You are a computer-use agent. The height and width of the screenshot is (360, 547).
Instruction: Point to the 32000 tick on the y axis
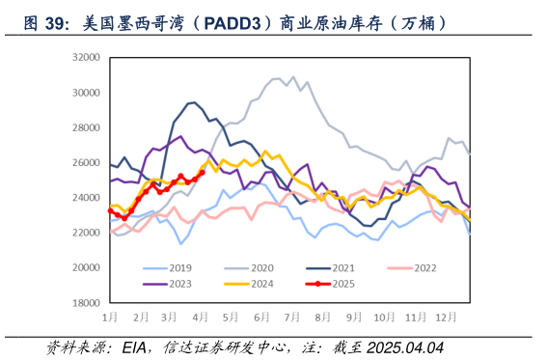pos(86,58)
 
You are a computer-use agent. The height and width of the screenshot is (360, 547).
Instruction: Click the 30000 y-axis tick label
pos(86,93)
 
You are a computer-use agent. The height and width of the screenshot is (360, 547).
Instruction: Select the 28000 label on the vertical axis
pos(86,127)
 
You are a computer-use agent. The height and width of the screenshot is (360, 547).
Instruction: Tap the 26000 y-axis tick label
pos(86,163)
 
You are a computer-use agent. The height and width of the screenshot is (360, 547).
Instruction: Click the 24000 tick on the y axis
pos(86,198)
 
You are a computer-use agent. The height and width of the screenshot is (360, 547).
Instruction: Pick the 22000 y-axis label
pos(86,233)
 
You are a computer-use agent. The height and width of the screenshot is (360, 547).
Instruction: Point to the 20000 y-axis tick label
pos(86,267)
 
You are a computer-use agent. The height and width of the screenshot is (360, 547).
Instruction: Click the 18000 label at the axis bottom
pos(86,302)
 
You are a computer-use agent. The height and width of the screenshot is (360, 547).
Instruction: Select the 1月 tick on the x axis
pos(110,317)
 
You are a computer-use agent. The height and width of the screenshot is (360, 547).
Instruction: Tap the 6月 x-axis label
pos(260,317)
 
